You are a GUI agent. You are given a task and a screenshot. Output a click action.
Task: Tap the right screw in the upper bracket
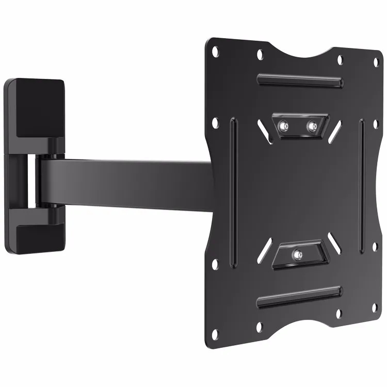311,125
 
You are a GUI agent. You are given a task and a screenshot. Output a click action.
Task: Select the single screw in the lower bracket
297,254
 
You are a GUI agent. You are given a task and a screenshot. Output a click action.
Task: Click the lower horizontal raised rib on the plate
299,298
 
